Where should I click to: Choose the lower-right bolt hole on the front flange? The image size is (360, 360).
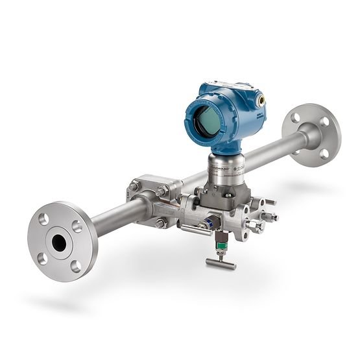pos(75,264)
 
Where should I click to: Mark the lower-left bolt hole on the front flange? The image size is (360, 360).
pos(42,258)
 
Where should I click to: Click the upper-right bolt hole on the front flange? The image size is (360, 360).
pos(77,225)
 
